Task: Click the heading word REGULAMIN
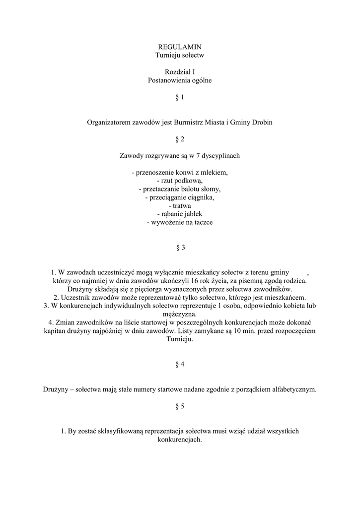click(180, 47)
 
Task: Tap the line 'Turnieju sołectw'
click(180, 55)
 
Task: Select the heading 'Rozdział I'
click(180, 72)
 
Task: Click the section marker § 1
click(180, 97)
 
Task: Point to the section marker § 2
click(180, 139)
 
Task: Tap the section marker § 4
click(180, 364)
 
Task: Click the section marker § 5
click(180, 406)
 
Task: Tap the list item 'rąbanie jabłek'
click(180, 214)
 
